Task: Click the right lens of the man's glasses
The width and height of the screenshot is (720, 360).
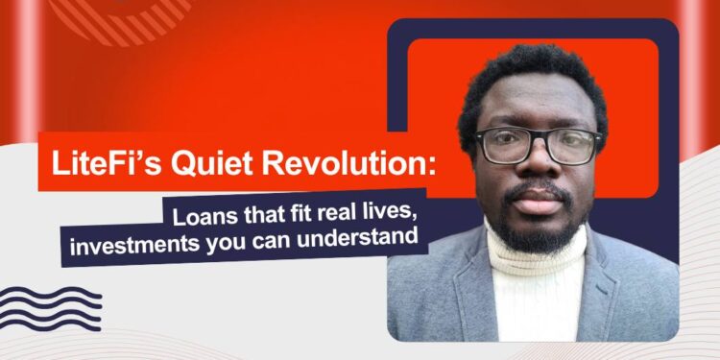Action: click(x=572, y=146)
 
